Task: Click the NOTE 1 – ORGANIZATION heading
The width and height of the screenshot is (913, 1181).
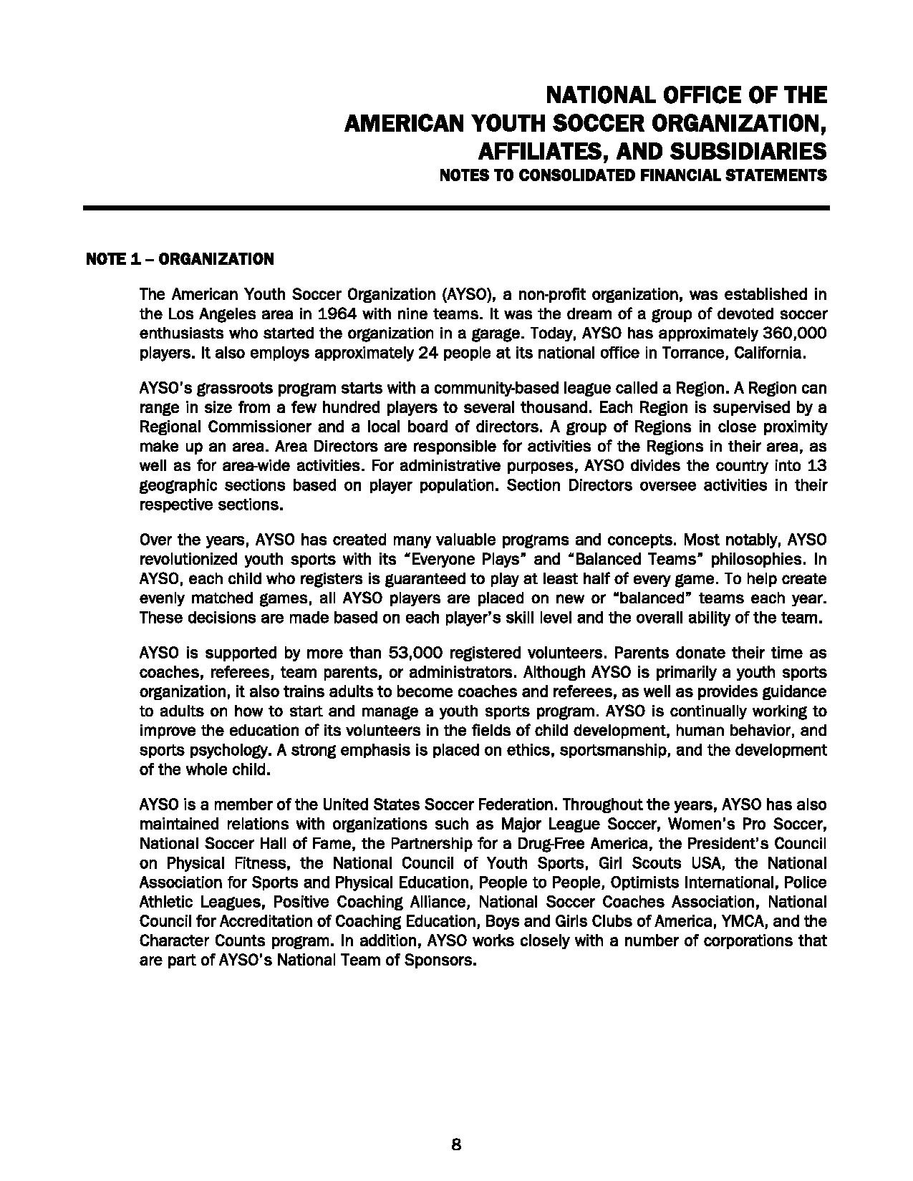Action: click(180, 259)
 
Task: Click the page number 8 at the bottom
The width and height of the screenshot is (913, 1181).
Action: click(456, 1144)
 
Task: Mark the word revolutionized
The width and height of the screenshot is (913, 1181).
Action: click(188, 559)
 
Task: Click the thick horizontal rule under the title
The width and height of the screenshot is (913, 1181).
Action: click(456, 208)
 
